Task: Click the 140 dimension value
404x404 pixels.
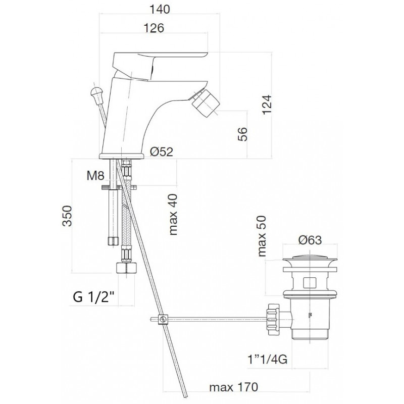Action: pyautogui.click(x=160, y=9)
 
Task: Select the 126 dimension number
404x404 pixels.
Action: pyautogui.click(x=154, y=28)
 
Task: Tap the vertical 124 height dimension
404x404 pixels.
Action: pyautogui.click(x=267, y=105)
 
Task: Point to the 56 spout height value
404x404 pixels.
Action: pyautogui.click(x=242, y=134)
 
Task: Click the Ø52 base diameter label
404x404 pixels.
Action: pyautogui.click(x=162, y=151)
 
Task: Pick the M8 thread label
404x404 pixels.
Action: pyautogui.click(x=95, y=176)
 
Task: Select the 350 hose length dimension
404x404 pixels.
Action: pyautogui.click(x=67, y=216)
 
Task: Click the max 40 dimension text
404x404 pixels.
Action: pyautogui.click(x=173, y=214)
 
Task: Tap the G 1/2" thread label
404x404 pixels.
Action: pyautogui.click(x=93, y=297)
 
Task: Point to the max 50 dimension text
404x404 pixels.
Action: pyautogui.click(x=262, y=236)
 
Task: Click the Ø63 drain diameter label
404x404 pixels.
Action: pyautogui.click(x=310, y=240)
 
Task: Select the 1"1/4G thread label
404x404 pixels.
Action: pyautogui.click(x=268, y=359)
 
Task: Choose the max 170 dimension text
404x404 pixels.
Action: pyautogui.click(x=233, y=387)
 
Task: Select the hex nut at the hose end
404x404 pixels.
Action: pyautogui.click(x=126, y=268)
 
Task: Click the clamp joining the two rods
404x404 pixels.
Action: pyautogui.click(x=163, y=319)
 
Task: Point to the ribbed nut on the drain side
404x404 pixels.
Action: pyautogui.click(x=273, y=319)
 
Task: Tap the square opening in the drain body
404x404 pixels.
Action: pyautogui.click(x=310, y=283)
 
